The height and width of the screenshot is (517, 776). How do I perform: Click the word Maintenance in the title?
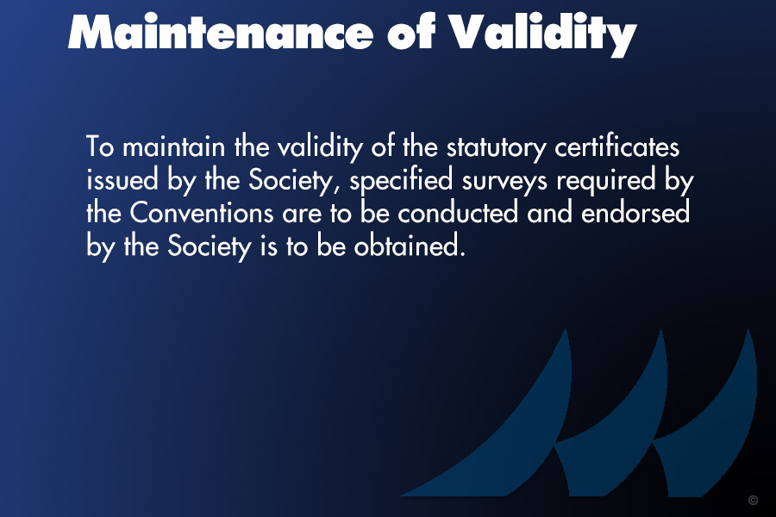pyautogui.click(x=220, y=32)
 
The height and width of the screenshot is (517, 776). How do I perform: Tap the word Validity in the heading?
pyautogui.click(x=542, y=34)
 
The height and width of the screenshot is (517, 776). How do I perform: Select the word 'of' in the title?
pyautogui.click(x=410, y=31)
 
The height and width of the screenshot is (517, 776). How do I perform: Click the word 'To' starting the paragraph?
pyautogui.click(x=101, y=146)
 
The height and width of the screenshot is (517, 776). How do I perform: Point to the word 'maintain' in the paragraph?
pyautogui.click(x=173, y=146)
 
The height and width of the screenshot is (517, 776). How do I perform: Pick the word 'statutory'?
pyautogui.click(x=497, y=148)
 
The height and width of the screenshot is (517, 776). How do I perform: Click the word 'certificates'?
pyautogui.click(x=616, y=146)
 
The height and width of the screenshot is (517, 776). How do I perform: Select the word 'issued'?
pyautogui.click(x=122, y=179)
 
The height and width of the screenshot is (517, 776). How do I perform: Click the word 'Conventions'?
pyautogui.click(x=202, y=213)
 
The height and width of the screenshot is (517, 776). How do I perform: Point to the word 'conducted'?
pyautogui.click(x=458, y=213)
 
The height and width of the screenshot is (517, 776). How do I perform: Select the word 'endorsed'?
pyautogui.click(x=635, y=213)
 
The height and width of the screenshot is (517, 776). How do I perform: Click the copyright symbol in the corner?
pyautogui.click(x=754, y=500)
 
